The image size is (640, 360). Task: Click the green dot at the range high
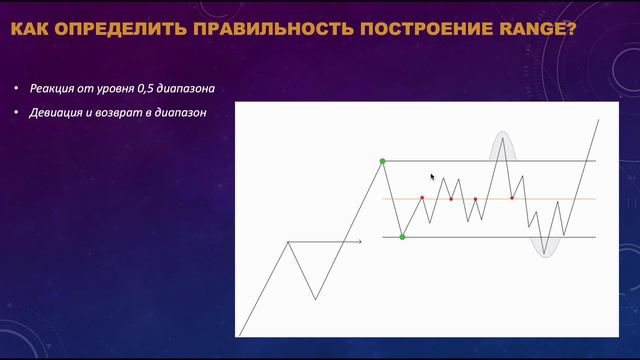(x=382, y=160)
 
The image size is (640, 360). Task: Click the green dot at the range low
(x=402, y=237)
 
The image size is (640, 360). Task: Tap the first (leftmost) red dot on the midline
(x=422, y=198)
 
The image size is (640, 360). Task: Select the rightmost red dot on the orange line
(x=512, y=198)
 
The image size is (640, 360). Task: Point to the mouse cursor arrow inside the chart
(x=433, y=177)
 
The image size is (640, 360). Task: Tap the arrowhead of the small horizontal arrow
(x=360, y=241)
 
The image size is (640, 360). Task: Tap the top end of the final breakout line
(x=598, y=119)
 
